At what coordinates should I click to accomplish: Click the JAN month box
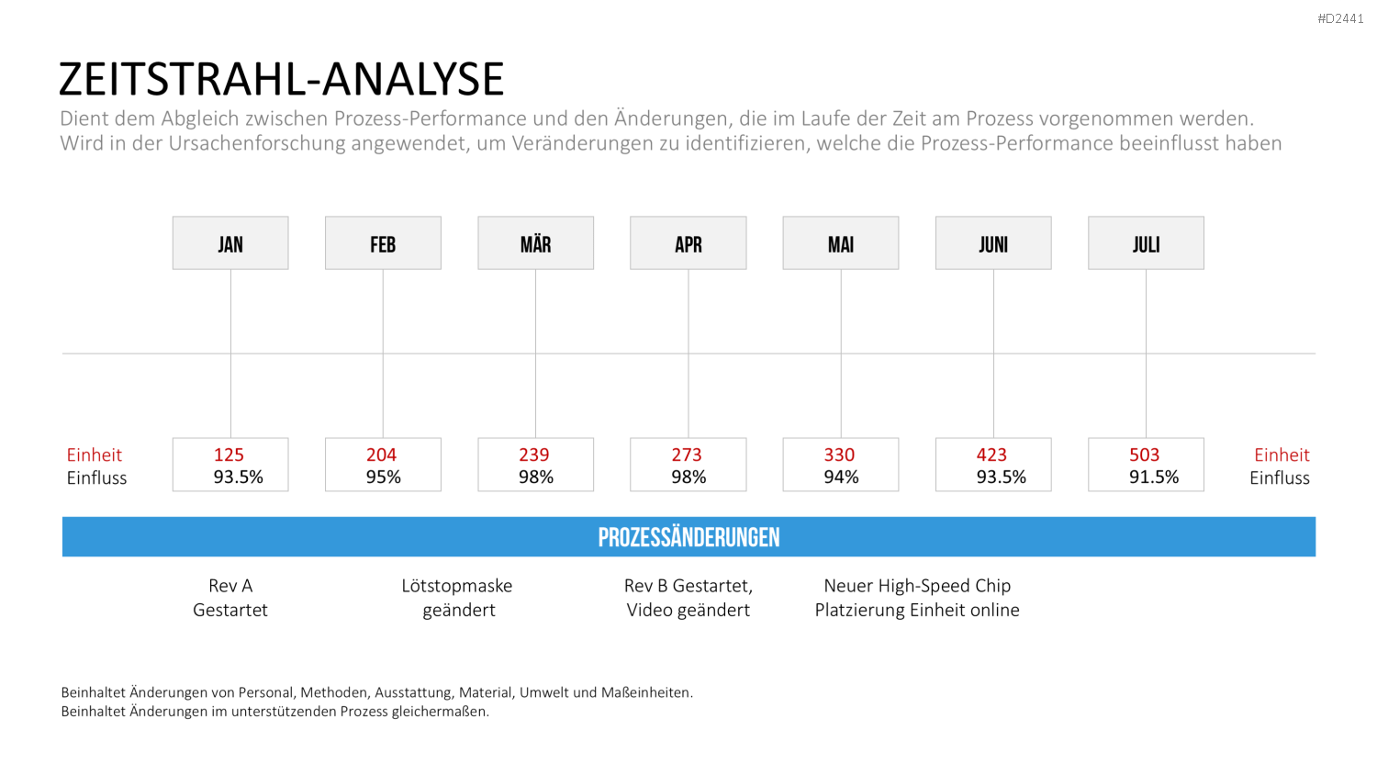230,243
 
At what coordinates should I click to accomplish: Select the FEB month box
383,243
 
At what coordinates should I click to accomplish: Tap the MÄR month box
535,243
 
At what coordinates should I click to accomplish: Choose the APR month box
688,243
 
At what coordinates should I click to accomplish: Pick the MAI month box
840,243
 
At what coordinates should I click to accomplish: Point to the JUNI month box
993,243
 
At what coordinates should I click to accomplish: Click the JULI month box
1146,243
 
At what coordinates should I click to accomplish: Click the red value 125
229,455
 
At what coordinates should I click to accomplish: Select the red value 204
381,455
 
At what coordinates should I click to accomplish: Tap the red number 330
839,455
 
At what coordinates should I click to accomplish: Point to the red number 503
1144,455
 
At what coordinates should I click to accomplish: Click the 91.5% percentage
1154,477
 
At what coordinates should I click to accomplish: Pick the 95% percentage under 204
383,477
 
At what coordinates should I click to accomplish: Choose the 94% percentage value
841,477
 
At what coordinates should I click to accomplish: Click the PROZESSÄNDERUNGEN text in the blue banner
688,537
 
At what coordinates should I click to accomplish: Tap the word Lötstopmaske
457,586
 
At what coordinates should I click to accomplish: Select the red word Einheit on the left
94,455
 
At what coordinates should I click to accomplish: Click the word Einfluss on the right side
1280,477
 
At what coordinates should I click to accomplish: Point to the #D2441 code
1340,19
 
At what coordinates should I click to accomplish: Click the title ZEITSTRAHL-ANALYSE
282,79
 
